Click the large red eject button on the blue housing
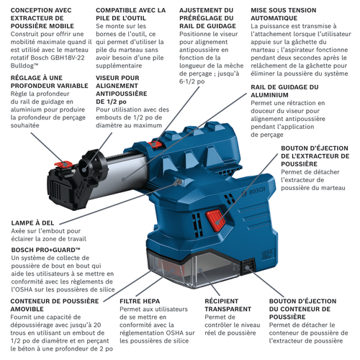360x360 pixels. (x=216, y=220)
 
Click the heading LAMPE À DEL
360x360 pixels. (x=32, y=223)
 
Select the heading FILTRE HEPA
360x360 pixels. (x=140, y=301)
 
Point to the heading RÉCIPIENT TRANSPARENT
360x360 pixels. (x=228, y=305)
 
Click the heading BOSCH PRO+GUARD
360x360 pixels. (x=45, y=250)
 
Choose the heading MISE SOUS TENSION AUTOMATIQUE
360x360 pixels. (x=284, y=14)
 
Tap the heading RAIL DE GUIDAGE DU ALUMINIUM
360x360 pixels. (x=284, y=91)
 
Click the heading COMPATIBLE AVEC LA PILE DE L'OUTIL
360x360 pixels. (x=130, y=14)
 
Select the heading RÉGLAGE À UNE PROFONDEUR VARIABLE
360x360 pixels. (x=49, y=81)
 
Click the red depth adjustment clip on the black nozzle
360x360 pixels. (x=63, y=164)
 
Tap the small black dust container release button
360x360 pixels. (x=248, y=266)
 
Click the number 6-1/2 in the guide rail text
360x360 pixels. (x=192, y=81)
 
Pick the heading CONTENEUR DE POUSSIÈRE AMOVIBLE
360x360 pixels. (x=55, y=305)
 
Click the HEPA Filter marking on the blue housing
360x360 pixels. (x=266, y=254)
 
